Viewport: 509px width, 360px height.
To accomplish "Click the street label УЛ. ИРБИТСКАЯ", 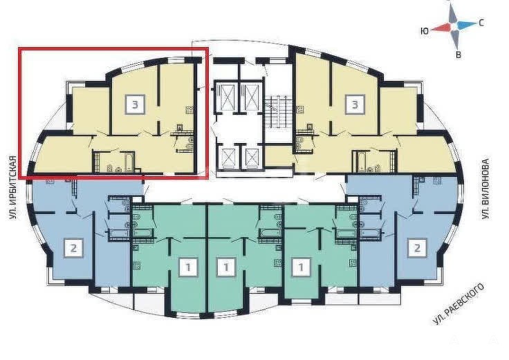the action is tap(12, 188).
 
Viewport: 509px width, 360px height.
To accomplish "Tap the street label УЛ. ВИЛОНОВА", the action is tap(485, 189).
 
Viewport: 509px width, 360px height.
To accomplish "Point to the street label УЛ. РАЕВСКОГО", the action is tap(459, 303).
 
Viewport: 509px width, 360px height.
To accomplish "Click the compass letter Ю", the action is tap(424, 31).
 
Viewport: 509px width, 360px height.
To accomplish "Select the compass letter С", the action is tap(482, 23).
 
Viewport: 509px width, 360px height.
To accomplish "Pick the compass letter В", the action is tap(459, 55).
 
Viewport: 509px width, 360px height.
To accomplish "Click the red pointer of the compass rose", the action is tap(441, 28).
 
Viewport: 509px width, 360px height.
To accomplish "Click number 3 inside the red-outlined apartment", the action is tap(135, 104).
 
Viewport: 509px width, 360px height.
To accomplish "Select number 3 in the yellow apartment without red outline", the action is tap(355, 104).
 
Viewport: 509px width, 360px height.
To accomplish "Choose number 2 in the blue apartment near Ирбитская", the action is tap(74, 248).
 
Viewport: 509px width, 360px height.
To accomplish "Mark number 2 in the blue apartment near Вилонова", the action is tap(417, 248).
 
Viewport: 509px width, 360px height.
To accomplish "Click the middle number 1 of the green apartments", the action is tap(226, 267).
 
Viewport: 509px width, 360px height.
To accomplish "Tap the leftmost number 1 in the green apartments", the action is tap(188, 267).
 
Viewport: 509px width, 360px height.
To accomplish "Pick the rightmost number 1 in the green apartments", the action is tap(301, 267).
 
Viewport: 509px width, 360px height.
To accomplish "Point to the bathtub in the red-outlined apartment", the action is tap(129, 161).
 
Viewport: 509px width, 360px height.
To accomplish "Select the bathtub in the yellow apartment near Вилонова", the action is tap(361, 161).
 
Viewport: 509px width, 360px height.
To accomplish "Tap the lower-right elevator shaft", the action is tap(252, 158).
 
